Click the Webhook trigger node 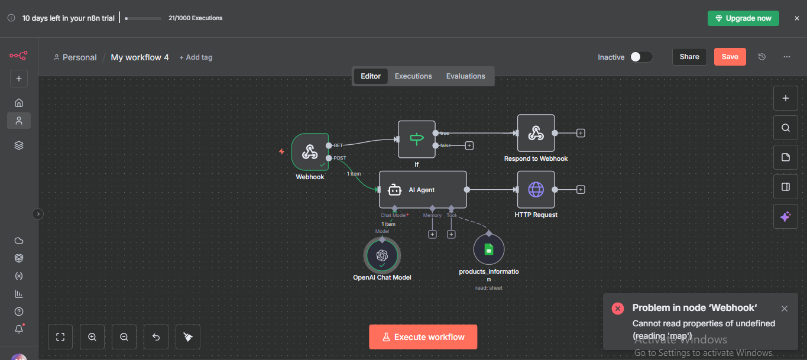(310, 152)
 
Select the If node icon (417, 140)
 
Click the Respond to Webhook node (536, 134)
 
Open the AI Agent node (423, 190)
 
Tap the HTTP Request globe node (536, 190)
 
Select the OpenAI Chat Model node (382, 255)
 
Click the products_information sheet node (489, 249)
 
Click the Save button (730, 57)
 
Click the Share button (689, 57)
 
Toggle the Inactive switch (641, 57)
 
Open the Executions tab (413, 76)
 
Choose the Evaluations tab (465, 76)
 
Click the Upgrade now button (743, 18)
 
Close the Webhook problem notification (785, 309)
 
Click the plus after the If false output (469, 145)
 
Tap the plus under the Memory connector (432, 235)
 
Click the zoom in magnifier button (92, 337)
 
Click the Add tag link (196, 57)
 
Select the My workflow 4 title (140, 57)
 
